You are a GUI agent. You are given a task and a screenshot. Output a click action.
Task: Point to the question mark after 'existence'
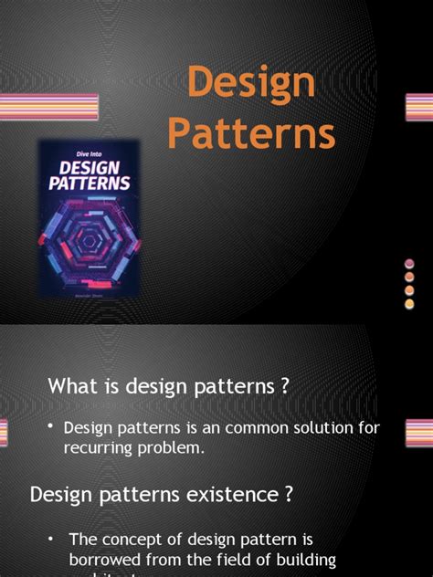coord(289,495)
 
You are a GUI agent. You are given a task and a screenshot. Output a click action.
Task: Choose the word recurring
coord(101,447)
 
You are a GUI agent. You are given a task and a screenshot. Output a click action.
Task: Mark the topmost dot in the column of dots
coord(410,265)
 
